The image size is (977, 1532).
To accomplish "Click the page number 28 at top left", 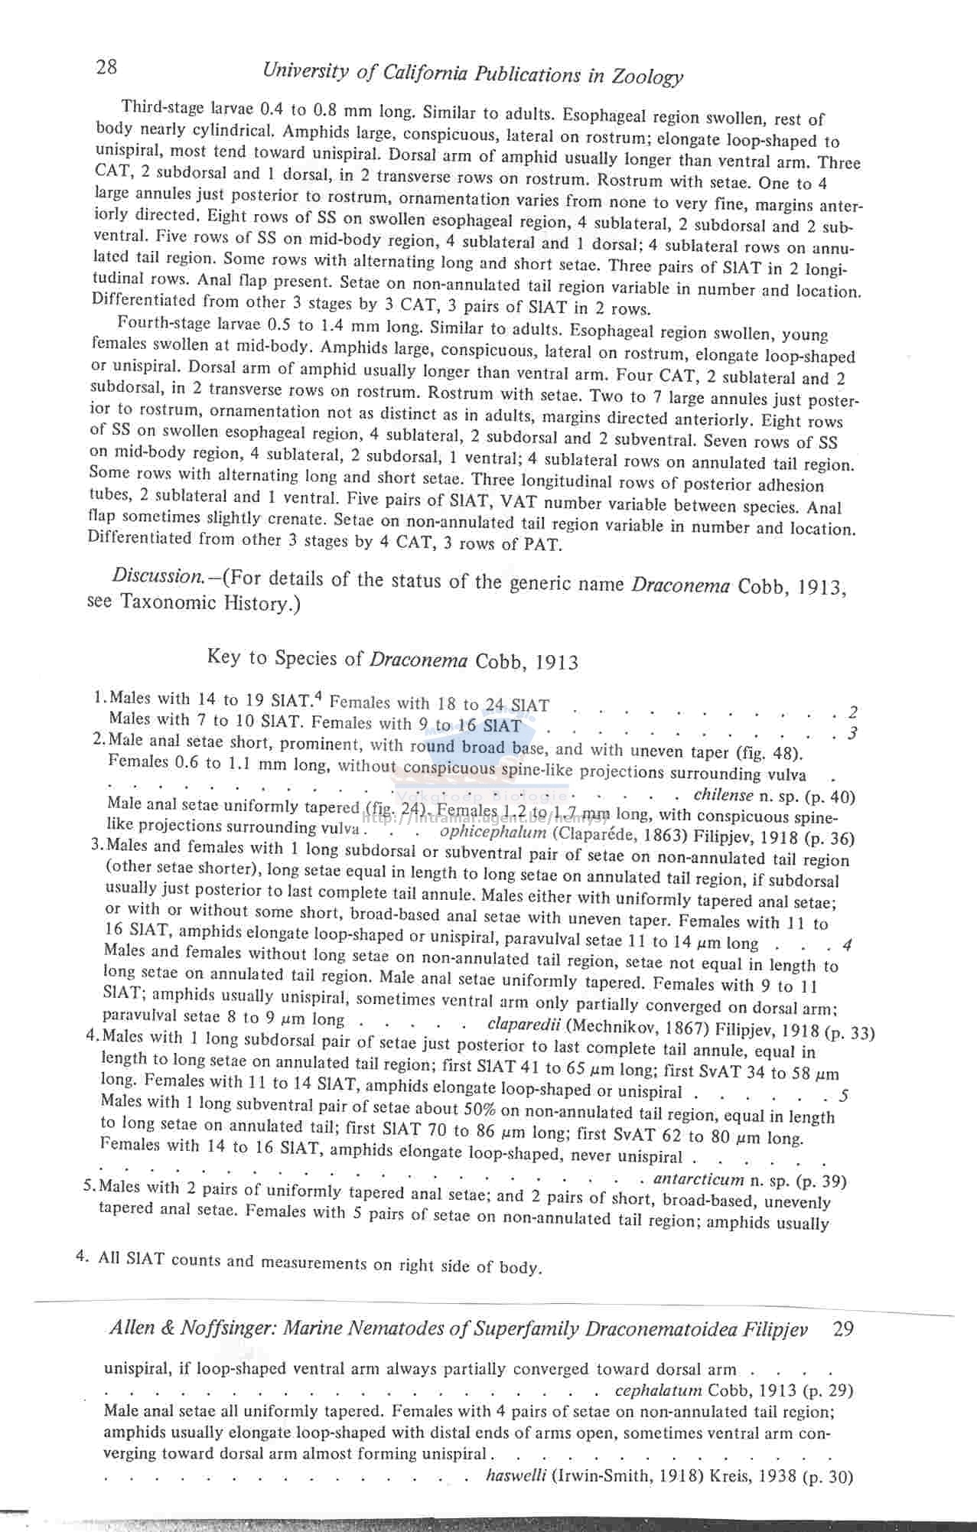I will pos(107,67).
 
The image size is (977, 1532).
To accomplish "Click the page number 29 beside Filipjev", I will pos(843,1328).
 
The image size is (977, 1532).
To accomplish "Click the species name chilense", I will pos(724,796).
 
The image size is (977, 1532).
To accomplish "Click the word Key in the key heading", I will pos(223,657).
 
